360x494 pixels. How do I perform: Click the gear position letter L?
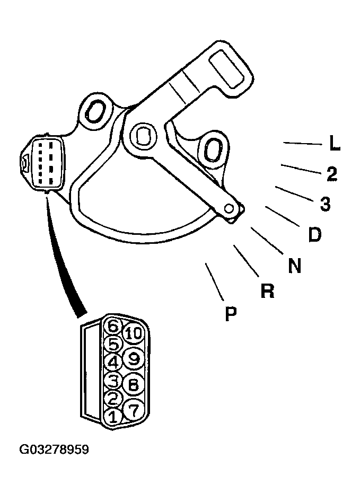pos(335,144)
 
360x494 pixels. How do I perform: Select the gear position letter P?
pos(231,313)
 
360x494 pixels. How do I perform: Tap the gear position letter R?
pos(267,291)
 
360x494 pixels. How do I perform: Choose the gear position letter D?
pos(314,235)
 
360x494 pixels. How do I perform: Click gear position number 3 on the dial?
pos(325,204)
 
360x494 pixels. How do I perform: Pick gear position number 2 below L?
pos(332,174)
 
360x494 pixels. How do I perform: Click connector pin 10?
pos(134,333)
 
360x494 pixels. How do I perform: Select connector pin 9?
pos(134,358)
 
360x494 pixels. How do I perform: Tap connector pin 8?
pos(134,384)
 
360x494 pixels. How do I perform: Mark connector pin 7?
pos(134,410)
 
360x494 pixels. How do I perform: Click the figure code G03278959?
pos(54,449)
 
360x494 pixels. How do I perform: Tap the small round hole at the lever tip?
pos(230,208)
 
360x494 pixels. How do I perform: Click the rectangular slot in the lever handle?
pos(227,69)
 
